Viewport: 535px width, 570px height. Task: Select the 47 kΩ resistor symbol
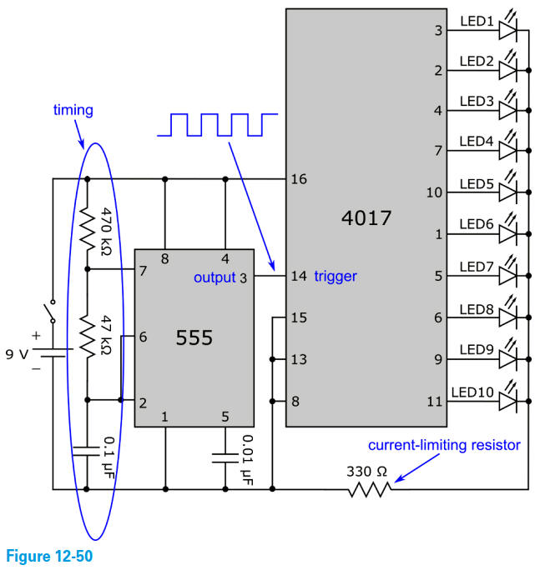tap(88, 333)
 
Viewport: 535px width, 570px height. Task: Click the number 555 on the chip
tap(194, 337)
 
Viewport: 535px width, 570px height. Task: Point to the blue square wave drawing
tap(217, 124)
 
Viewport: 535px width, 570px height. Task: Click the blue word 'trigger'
tap(336, 277)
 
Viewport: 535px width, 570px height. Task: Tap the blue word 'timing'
tap(73, 110)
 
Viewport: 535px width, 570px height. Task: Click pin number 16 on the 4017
tap(298, 179)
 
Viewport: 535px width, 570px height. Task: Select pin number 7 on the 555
tap(143, 271)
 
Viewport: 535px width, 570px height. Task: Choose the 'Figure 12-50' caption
tap(48, 556)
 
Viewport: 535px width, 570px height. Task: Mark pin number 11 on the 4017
tap(434, 402)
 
